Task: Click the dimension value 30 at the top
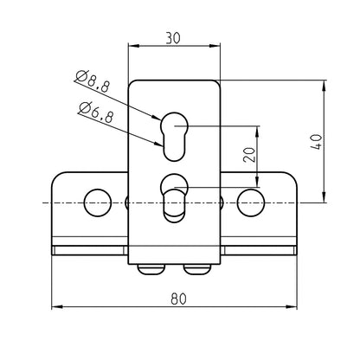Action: (173, 37)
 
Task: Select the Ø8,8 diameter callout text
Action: (92, 84)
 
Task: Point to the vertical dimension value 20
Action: (248, 157)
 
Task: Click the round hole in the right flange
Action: (251, 202)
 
